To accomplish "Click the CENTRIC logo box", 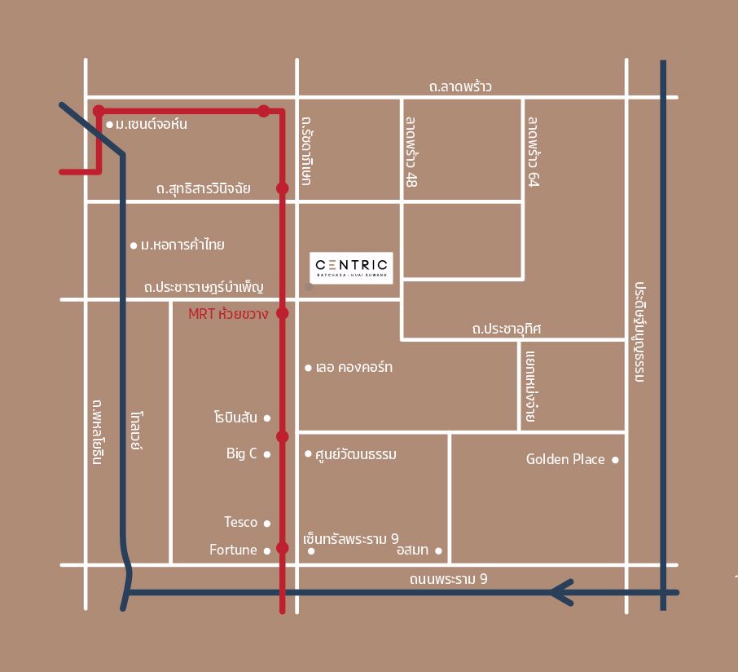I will (352, 267).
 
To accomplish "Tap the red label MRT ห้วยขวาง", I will (228, 314).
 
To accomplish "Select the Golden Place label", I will (565, 459).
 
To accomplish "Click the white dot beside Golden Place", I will (615, 460).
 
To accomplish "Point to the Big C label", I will (242, 453).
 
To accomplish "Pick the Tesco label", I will (240, 522).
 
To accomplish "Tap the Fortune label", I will (233, 550).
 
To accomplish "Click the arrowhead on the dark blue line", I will (560, 592).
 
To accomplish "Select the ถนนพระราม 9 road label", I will (448, 579).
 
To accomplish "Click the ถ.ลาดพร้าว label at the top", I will (460, 86).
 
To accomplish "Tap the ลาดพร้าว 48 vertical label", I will (411, 152).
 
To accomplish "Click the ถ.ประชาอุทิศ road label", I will (506, 329).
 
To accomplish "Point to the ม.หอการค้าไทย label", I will (182, 245).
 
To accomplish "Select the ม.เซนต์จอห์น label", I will (152, 125).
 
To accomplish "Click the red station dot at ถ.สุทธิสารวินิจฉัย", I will (283, 188).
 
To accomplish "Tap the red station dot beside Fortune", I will (283, 548).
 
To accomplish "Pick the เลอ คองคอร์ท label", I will (354, 368).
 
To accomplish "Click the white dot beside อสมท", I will (438, 550).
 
